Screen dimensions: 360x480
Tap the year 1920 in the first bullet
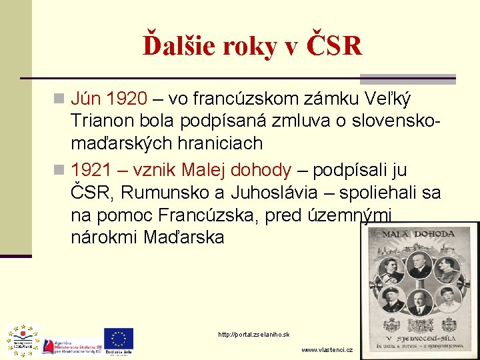pyautogui.click(x=127, y=99)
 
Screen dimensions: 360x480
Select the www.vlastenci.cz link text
pyautogui.click(x=327, y=350)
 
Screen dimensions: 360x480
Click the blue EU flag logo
pyautogui.click(x=118, y=338)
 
